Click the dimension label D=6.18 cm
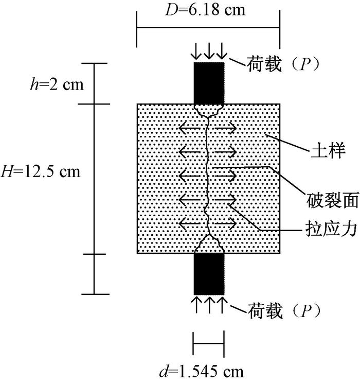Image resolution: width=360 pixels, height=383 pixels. [208, 9]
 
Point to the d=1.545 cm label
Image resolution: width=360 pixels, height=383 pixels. [208, 371]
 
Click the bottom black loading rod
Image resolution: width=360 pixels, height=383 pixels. [208, 273]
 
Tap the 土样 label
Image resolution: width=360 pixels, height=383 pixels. [329, 152]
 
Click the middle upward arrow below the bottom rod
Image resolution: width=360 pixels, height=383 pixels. [208, 303]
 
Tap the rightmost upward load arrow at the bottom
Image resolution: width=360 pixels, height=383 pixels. [221, 303]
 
